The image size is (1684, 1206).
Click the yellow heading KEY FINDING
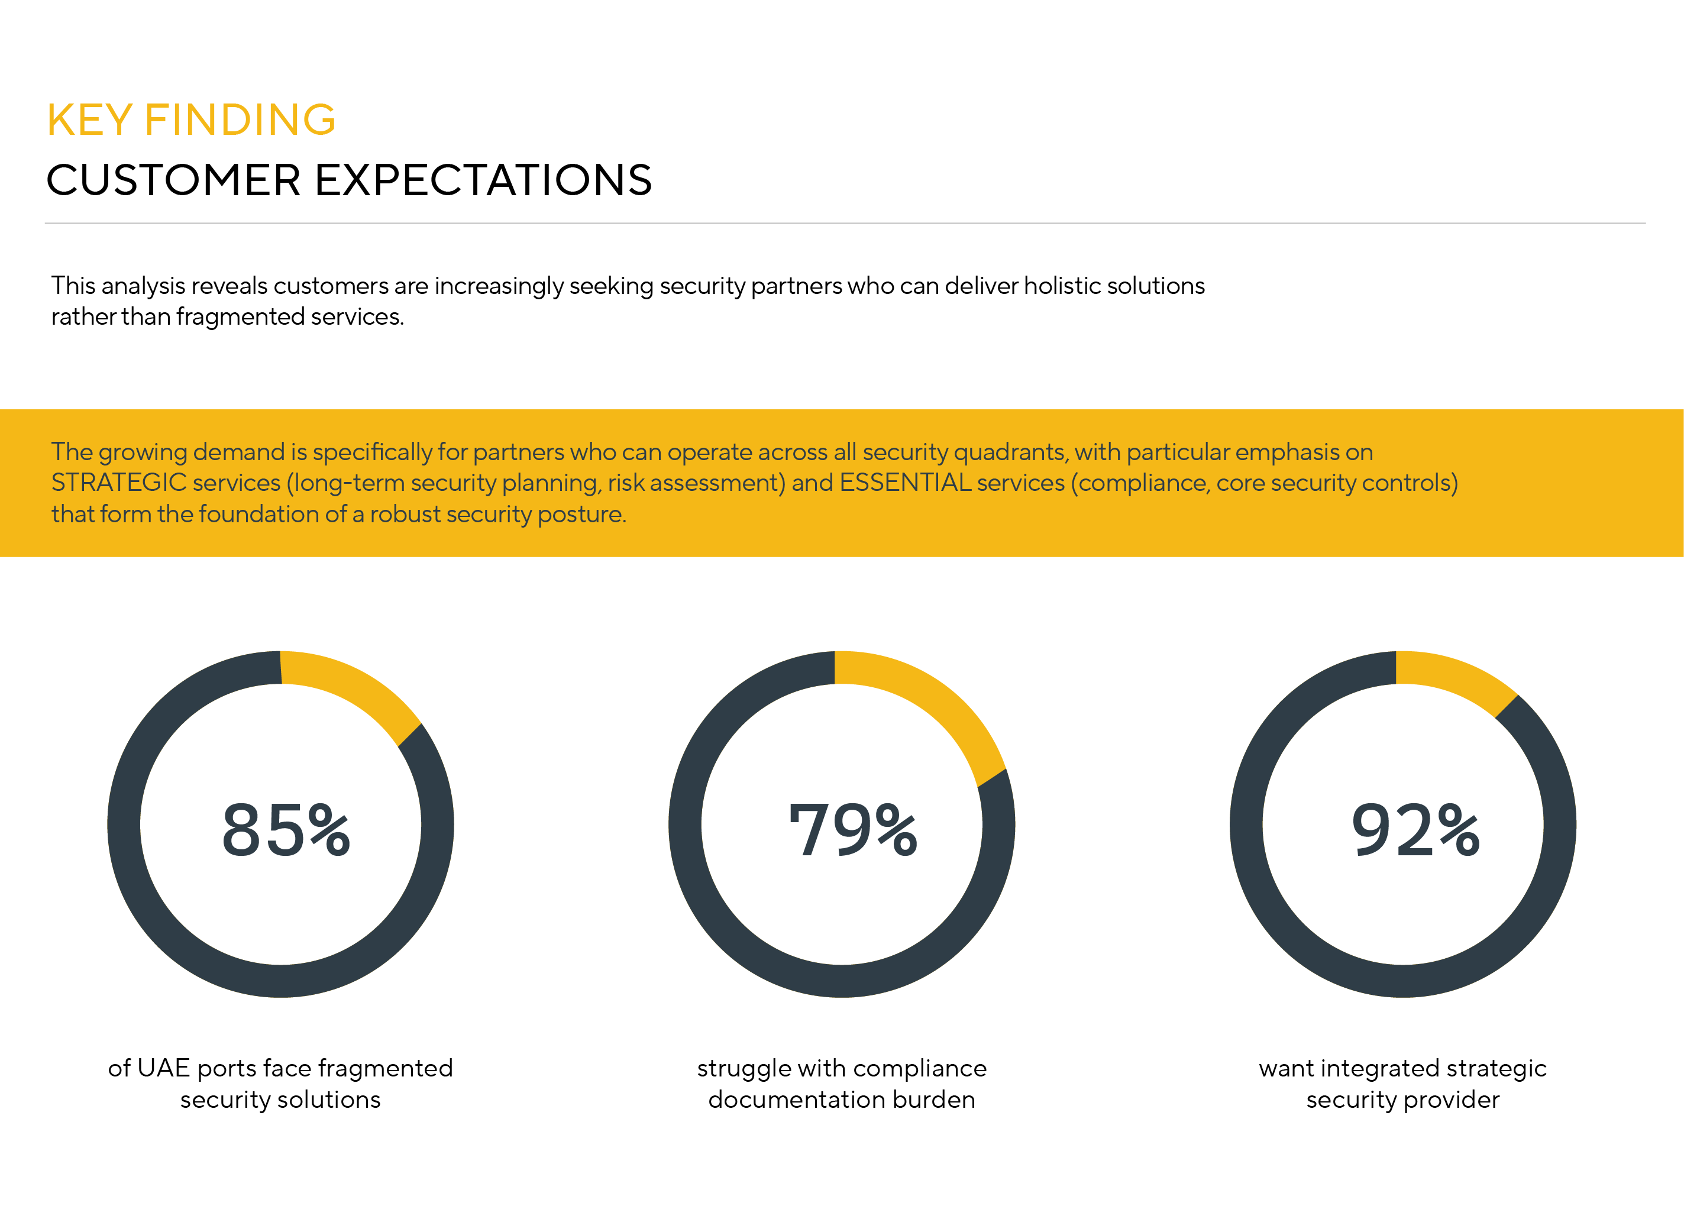click(192, 119)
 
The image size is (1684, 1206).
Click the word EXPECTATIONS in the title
click(483, 180)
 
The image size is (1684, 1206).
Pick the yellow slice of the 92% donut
click(1461, 674)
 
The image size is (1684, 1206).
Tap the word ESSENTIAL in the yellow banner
click(905, 483)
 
